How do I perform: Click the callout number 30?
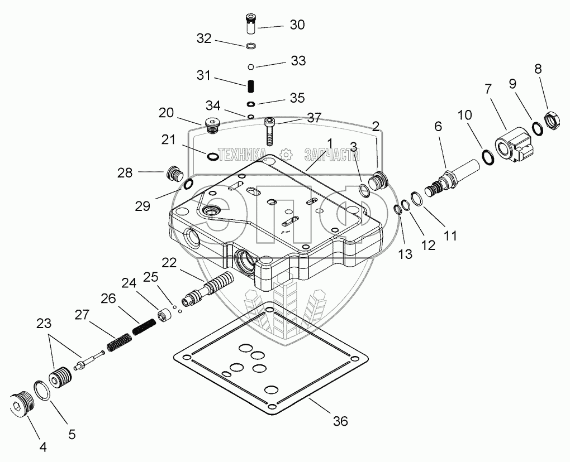(297, 25)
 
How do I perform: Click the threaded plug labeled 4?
(22, 403)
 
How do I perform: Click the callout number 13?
(405, 254)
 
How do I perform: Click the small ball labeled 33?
(251, 67)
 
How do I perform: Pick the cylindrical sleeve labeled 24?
(164, 316)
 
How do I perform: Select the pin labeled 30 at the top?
(250, 26)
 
